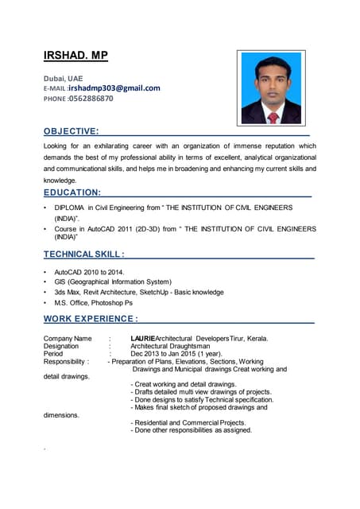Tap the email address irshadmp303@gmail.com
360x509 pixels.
tap(114, 88)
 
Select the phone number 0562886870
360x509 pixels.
tap(91, 99)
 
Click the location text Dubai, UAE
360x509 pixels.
tap(62, 78)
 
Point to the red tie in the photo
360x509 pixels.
tap(273, 116)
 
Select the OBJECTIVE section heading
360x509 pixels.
tap(71, 130)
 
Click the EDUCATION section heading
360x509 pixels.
tap(72, 192)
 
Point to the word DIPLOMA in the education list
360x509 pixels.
tap(71, 208)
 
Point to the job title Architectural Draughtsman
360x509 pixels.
tap(170, 346)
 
